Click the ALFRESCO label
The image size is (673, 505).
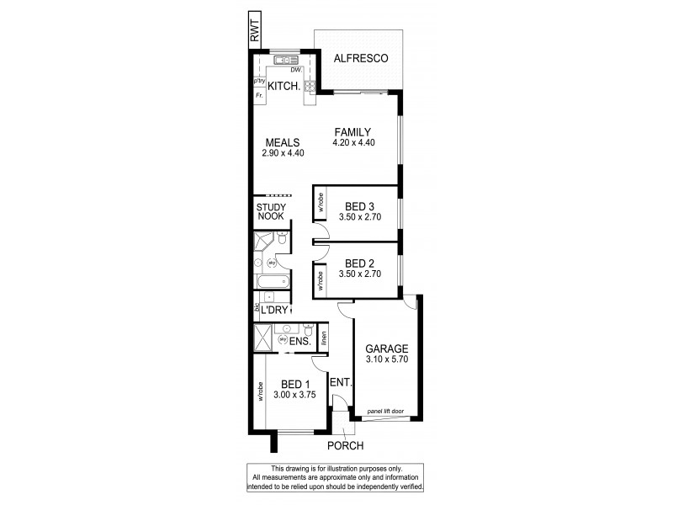point(360,58)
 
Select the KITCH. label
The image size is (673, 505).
point(284,87)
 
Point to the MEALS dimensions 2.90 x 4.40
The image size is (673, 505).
point(284,153)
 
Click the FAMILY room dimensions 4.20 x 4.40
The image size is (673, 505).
point(353,142)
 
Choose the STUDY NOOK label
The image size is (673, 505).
point(271,211)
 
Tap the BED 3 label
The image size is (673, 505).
point(360,205)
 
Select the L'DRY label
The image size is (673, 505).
point(274,311)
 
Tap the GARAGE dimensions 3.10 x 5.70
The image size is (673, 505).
point(386,360)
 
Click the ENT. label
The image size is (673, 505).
point(341,383)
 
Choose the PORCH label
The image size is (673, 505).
point(345,445)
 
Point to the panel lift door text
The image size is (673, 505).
point(386,410)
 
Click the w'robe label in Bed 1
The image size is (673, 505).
point(261,391)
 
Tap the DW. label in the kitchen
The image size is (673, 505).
point(296,70)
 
